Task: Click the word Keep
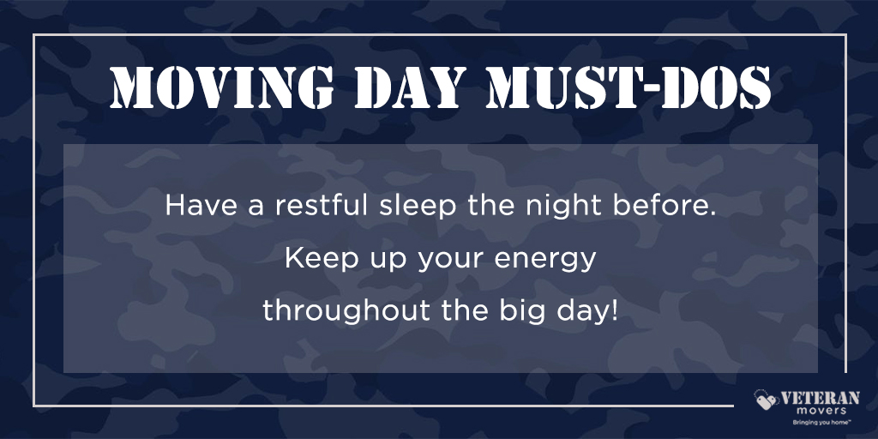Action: (x=313, y=259)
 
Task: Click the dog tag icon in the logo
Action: (x=766, y=400)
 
